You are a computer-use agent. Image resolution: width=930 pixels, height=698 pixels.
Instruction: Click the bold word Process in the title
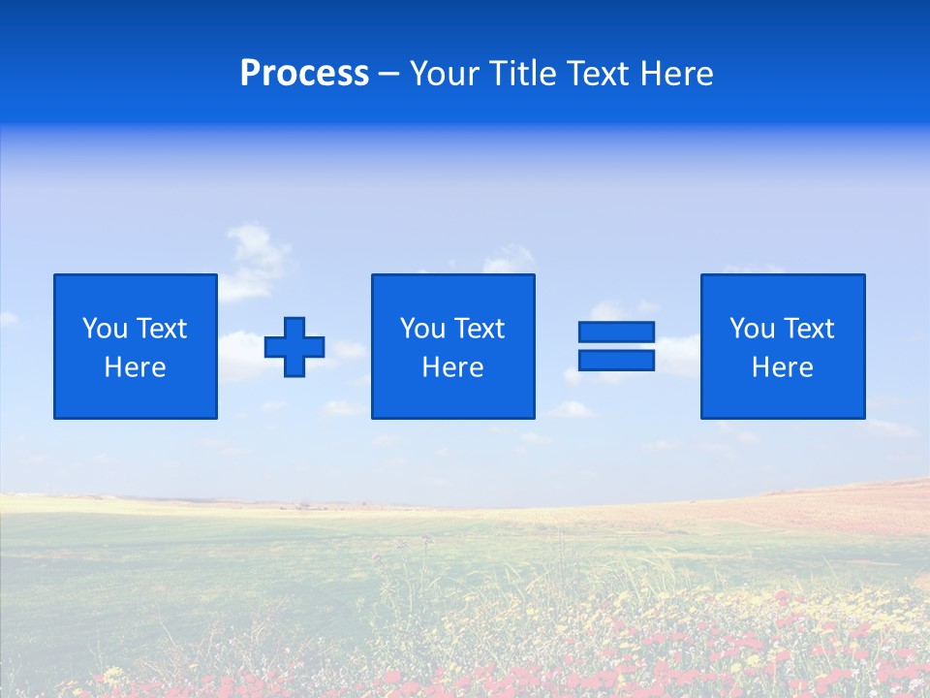tap(304, 74)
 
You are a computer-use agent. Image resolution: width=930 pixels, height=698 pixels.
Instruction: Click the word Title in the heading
tap(523, 74)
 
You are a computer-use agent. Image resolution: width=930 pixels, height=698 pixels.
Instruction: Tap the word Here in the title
tap(677, 74)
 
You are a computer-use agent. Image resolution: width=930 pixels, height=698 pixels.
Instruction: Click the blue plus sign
tap(294, 347)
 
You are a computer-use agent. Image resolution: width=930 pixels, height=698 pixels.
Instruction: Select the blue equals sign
tap(616, 346)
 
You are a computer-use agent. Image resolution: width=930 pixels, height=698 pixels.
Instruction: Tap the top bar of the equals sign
tap(616, 333)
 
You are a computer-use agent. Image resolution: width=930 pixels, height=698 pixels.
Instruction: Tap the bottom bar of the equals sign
tap(616, 360)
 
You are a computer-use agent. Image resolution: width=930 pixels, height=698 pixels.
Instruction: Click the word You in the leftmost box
tap(105, 329)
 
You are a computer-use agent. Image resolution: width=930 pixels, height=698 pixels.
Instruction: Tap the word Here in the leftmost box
tap(135, 367)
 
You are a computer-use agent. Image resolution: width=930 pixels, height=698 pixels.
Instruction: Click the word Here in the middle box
tap(452, 367)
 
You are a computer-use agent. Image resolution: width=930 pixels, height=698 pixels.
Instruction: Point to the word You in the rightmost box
tap(752, 329)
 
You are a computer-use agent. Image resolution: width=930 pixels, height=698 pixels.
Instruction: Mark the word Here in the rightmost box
tap(782, 367)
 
